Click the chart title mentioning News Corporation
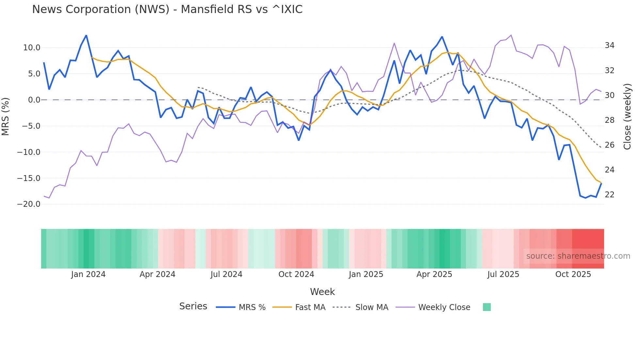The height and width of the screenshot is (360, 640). click(x=167, y=9)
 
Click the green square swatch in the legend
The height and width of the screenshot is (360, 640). click(x=487, y=307)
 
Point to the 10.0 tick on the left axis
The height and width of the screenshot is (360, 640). click(x=32, y=48)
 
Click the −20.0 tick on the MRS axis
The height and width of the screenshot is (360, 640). click(x=29, y=204)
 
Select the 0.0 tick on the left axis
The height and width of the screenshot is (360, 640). click(x=34, y=100)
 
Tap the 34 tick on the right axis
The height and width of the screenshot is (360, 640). click(x=609, y=45)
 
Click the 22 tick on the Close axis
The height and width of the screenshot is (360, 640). click(x=609, y=195)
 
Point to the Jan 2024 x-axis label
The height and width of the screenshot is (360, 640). click(x=88, y=274)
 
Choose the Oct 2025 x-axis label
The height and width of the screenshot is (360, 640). click(x=573, y=274)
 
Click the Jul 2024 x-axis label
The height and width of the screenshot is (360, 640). click(x=226, y=274)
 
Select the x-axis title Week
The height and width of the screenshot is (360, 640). click(x=322, y=292)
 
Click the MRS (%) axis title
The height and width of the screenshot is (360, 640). click(x=6, y=116)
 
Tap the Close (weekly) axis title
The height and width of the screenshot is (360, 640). click(x=627, y=116)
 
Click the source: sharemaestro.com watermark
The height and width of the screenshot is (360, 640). click(x=578, y=256)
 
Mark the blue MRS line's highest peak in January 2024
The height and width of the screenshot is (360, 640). click(x=86, y=35)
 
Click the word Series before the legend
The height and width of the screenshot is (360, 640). click(x=193, y=306)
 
